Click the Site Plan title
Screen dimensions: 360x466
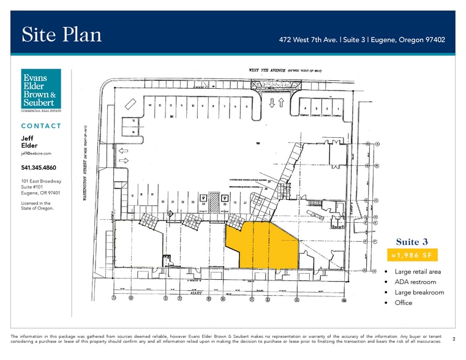pos(61,34)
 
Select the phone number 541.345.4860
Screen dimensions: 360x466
pos(39,167)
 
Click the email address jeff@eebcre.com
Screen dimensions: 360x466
pos(37,153)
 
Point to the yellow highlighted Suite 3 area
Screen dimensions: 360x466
pos(263,245)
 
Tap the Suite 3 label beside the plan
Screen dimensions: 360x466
pos(407,241)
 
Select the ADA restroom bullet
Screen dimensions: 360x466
pos(416,282)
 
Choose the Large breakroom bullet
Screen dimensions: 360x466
pos(419,292)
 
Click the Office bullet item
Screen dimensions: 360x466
pos(404,302)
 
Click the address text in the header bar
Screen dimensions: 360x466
pos(361,40)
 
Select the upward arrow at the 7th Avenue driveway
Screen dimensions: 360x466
pos(281,103)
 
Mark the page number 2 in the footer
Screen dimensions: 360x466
pos(454,338)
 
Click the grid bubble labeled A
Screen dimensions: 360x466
pos(378,144)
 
